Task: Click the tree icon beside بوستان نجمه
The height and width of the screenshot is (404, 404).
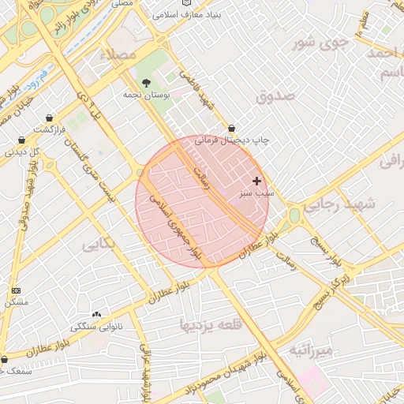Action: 146,82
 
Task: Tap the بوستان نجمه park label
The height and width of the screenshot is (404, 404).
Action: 143,95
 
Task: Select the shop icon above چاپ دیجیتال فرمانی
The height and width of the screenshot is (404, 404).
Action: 231,128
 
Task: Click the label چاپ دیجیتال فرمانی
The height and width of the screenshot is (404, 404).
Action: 232,140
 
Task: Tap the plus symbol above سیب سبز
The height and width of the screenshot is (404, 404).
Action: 256,181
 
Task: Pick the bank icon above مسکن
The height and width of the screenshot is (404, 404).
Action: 17,290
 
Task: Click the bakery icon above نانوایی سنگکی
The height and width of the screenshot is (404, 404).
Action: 97,314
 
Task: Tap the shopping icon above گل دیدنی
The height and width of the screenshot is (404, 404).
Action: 21,140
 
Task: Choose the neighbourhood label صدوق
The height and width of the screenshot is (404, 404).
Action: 275,95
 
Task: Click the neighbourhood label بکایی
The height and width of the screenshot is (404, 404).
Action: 99,244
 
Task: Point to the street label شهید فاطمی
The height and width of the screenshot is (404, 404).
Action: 196,91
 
